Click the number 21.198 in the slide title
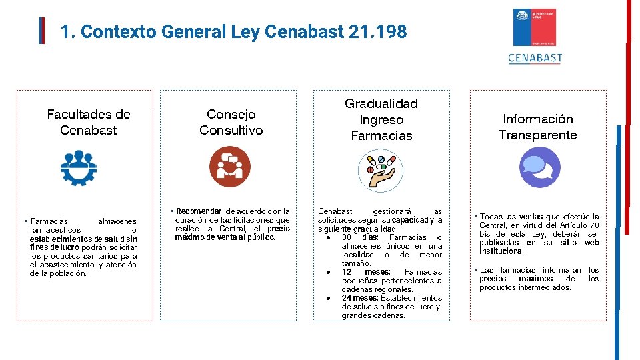click(x=377, y=31)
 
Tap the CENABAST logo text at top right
click(x=535, y=57)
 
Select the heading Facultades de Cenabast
click(x=89, y=122)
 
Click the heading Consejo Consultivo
click(x=231, y=122)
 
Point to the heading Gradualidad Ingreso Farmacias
click(x=381, y=119)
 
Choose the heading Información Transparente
click(x=538, y=127)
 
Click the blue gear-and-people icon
click(x=79, y=167)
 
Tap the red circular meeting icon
click(x=230, y=166)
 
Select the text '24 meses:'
click(x=359, y=298)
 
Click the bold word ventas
click(x=531, y=217)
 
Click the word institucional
click(x=503, y=251)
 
